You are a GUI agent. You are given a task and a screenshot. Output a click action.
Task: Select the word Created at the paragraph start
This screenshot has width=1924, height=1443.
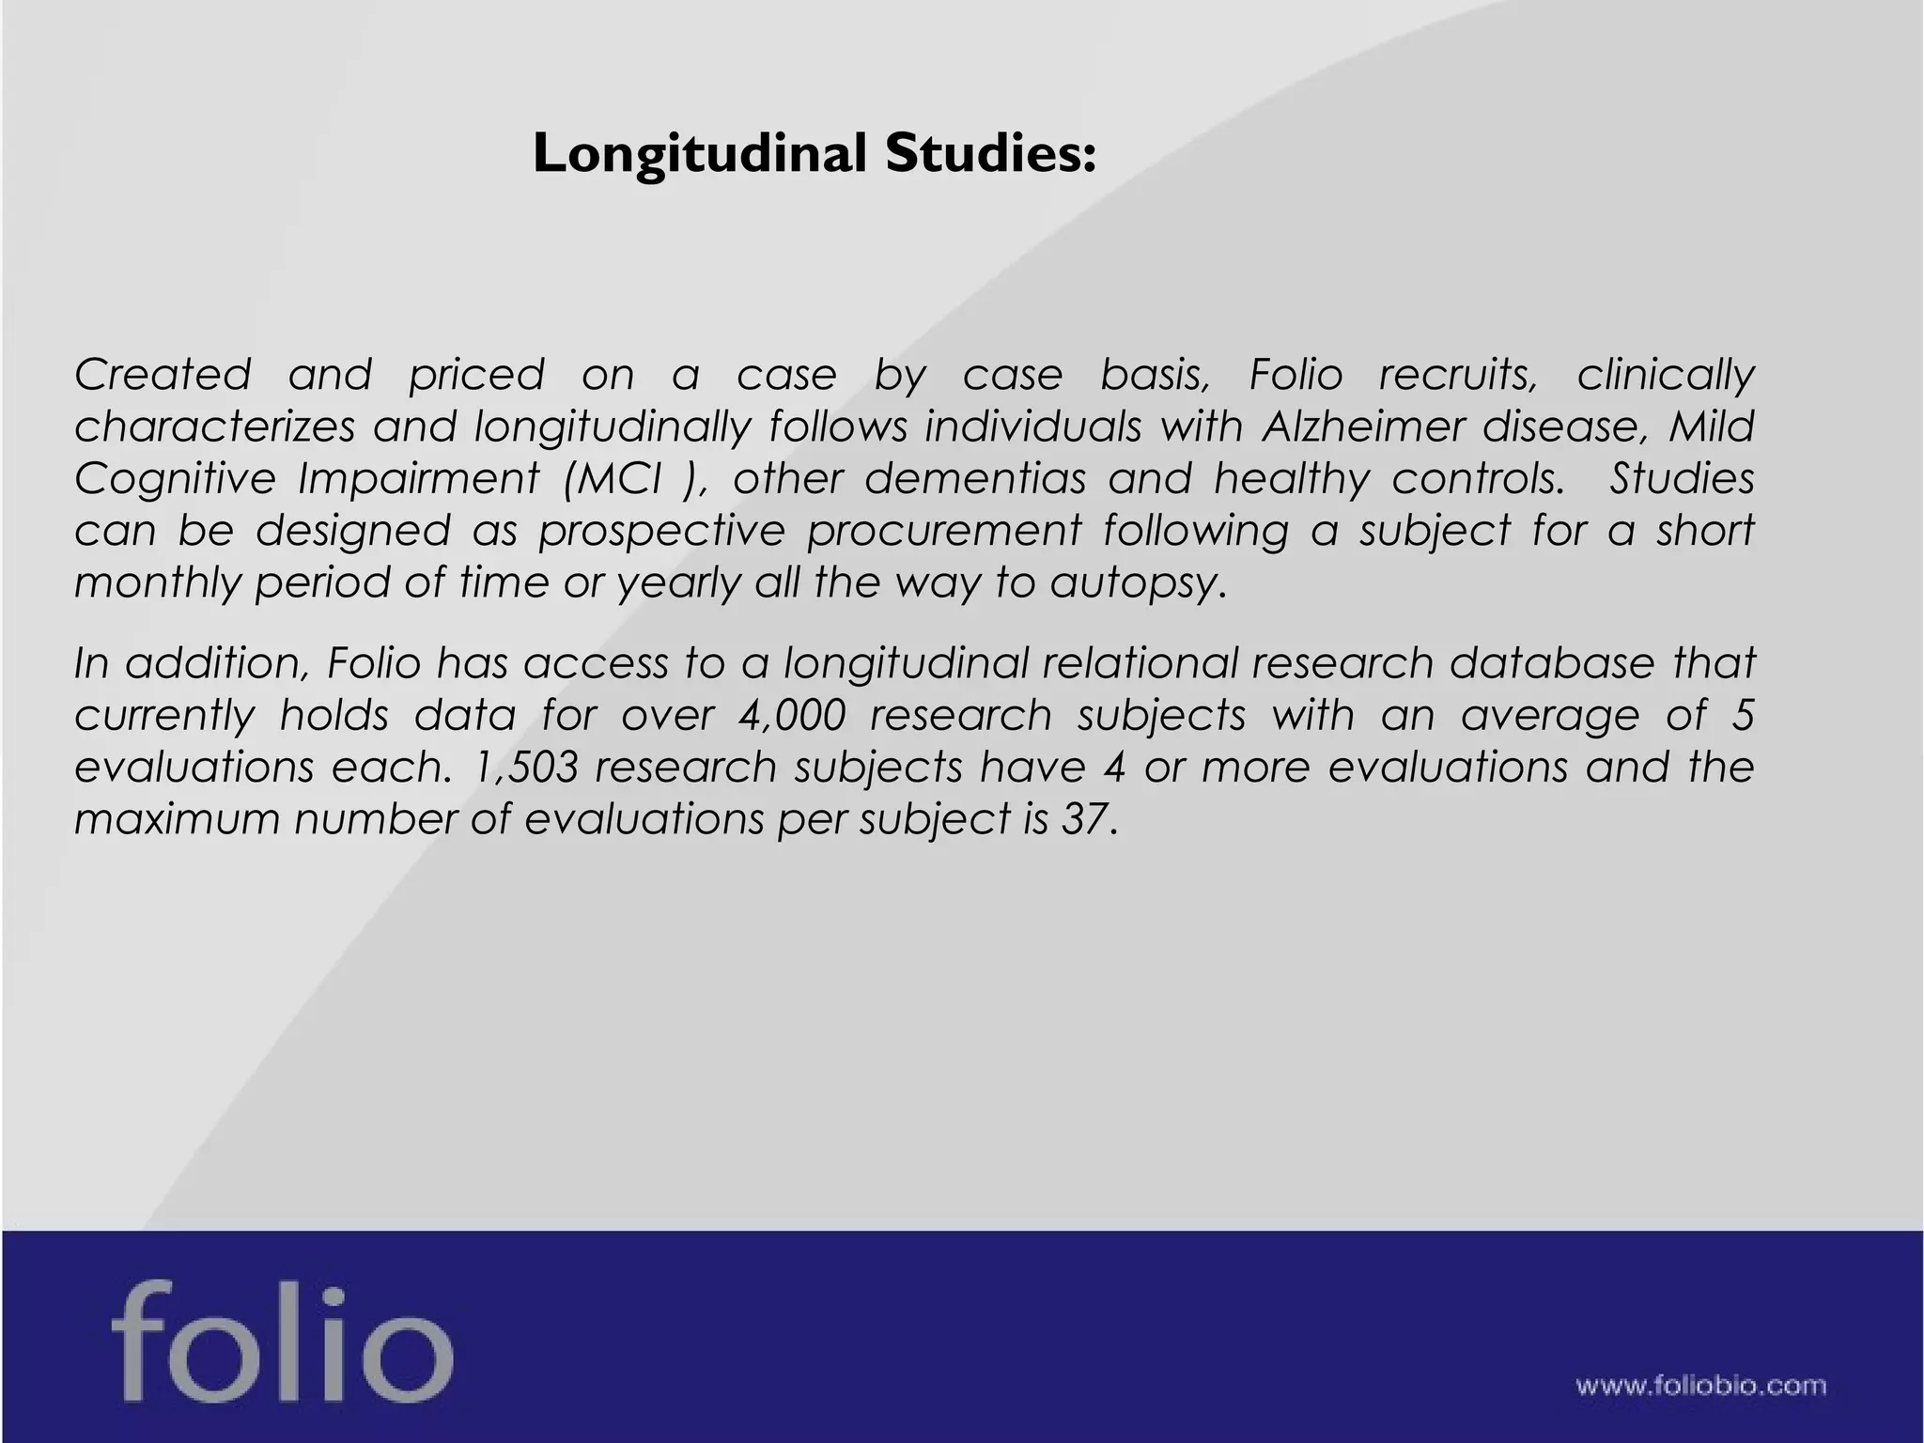coord(163,375)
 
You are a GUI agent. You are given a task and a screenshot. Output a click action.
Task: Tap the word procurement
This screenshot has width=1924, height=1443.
coord(944,531)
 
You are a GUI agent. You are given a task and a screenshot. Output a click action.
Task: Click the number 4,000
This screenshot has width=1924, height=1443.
coord(792,716)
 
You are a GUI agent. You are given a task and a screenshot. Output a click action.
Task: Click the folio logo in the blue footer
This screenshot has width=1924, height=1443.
coord(281,1337)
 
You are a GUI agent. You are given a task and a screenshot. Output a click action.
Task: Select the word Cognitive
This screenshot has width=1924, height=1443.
coord(175,479)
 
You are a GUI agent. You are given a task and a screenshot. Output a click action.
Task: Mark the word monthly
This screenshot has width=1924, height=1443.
coord(154,583)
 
